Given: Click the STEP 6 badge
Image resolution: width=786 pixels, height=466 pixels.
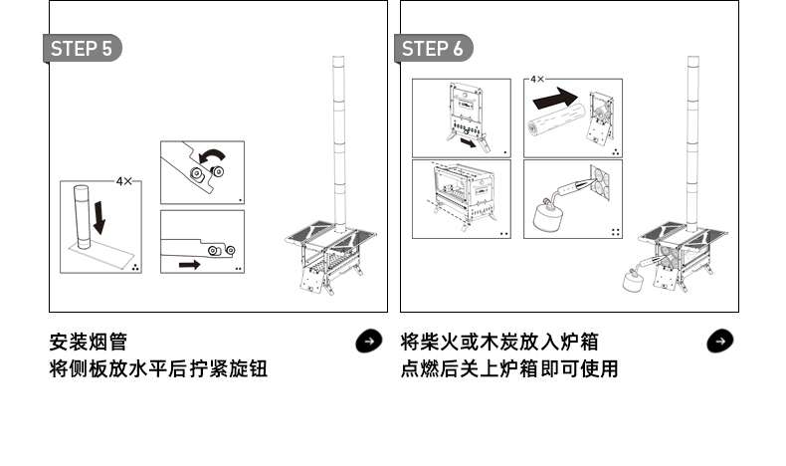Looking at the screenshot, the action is point(434,49).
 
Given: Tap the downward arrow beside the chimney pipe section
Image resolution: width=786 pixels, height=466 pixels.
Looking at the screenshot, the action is point(98,214).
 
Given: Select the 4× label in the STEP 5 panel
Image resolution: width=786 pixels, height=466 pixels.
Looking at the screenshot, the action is point(124,181).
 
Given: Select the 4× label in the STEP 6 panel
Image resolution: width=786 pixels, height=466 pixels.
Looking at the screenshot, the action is point(537,78).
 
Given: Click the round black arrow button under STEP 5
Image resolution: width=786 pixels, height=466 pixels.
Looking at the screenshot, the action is point(368,342).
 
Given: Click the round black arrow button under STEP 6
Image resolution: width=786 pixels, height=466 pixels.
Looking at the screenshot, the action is point(719,342).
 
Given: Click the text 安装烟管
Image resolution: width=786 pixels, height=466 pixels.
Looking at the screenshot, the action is point(88,343).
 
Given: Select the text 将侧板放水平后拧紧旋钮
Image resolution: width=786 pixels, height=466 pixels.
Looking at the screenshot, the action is point(158,369).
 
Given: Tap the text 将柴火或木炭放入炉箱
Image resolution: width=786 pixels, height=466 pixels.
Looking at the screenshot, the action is point(499,343).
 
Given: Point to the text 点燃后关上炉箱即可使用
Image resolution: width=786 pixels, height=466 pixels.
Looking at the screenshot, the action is point(509,369).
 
